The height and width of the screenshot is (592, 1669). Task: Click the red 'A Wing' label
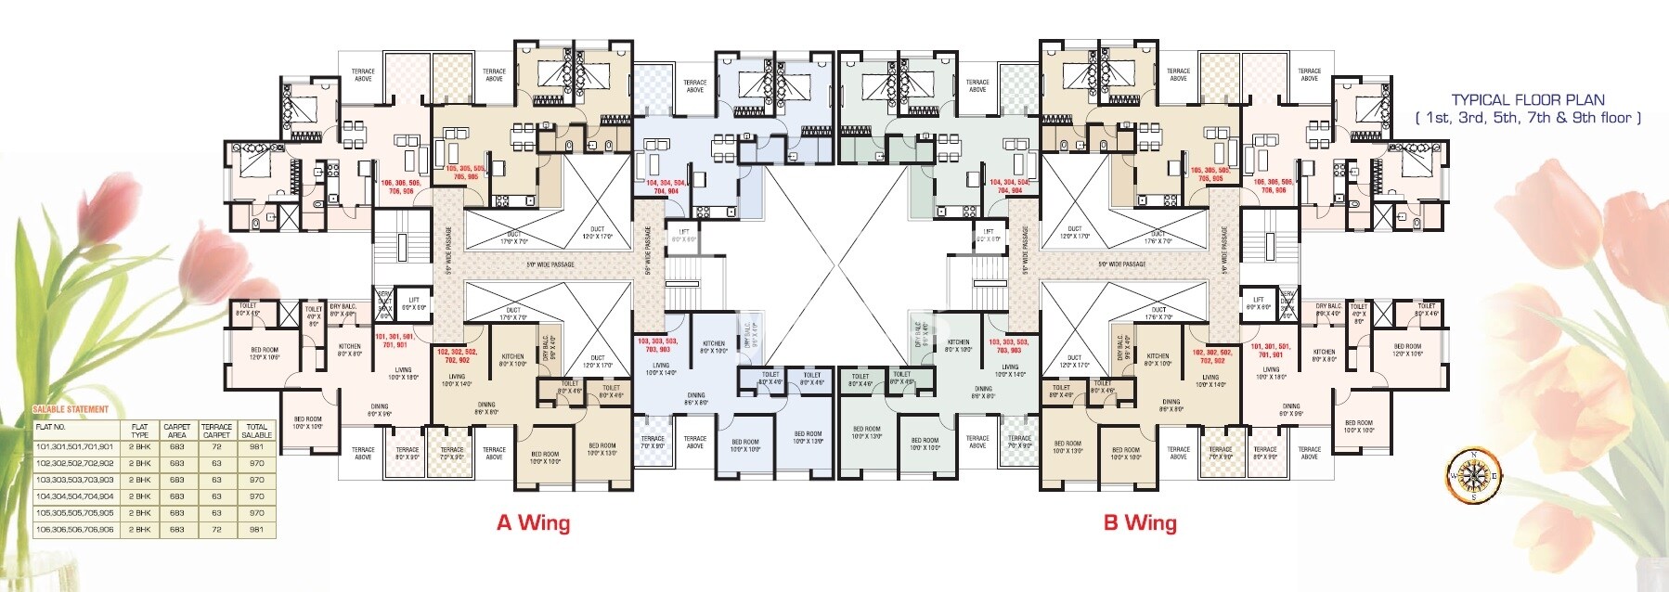pos(533,522)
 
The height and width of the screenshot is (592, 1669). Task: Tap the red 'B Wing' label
pos(1139,522)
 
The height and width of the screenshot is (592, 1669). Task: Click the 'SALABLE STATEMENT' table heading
pos(71,409)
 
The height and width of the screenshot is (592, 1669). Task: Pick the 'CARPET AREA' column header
pos(176,431)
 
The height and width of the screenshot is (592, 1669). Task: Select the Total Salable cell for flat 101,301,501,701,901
pos(257,446)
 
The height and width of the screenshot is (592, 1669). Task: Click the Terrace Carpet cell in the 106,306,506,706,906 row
pos(216,530)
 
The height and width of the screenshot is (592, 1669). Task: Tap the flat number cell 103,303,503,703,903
pos(74,480)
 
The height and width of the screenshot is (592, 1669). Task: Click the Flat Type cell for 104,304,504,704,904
pos(139,496)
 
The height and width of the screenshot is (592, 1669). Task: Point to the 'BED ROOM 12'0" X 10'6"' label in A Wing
pos(264,353)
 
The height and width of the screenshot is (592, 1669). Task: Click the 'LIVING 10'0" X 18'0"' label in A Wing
pos(403,373)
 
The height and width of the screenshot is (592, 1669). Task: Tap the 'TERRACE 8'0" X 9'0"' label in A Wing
pos(407,454)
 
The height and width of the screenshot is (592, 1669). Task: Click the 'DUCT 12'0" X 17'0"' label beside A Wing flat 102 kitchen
pos(597,361)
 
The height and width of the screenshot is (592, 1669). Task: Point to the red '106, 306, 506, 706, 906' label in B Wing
pos(1272,186)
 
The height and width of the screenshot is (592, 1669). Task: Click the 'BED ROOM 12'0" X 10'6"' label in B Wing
pos(1406,350)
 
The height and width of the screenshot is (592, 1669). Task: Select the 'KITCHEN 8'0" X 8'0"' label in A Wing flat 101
pos(349,350)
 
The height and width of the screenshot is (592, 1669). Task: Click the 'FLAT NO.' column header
pos(50,428)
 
